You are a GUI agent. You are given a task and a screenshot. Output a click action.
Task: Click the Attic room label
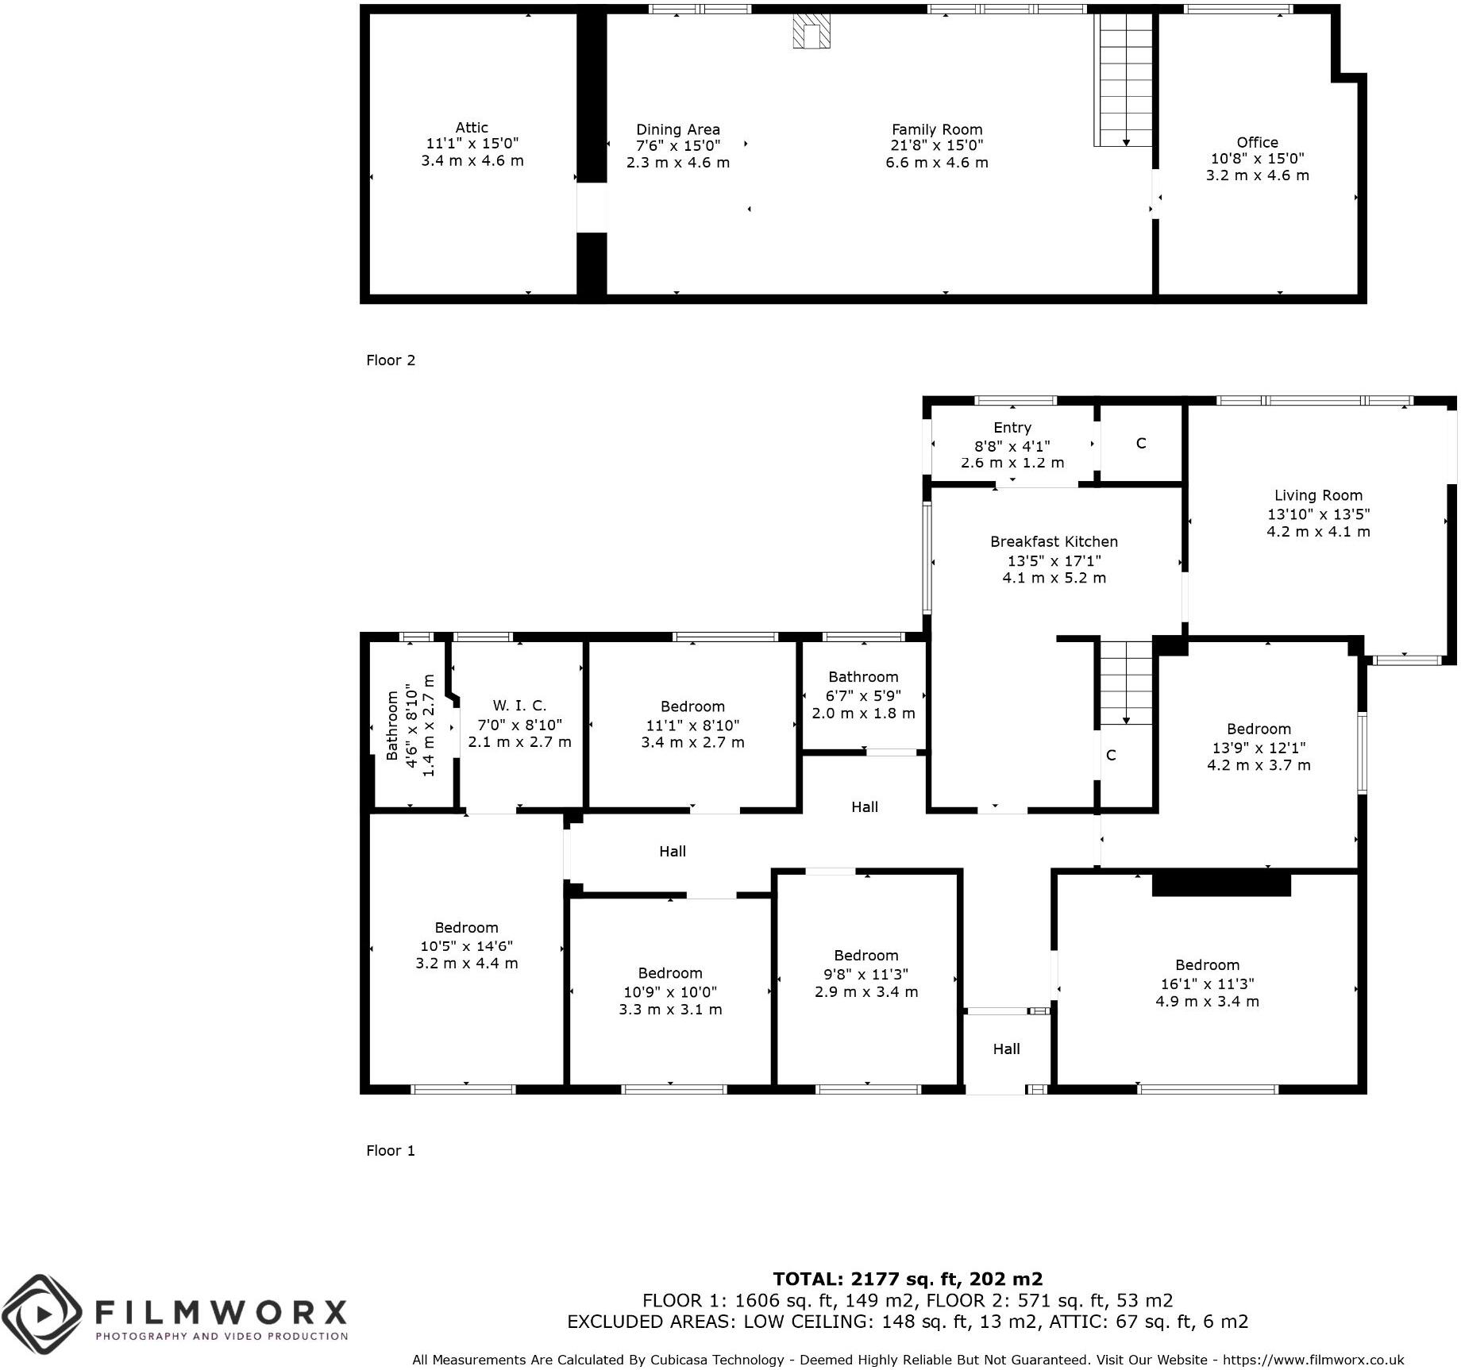click(x=472, y=128)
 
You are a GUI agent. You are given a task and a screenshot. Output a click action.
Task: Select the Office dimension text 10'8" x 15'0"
click(x=1257, y=159)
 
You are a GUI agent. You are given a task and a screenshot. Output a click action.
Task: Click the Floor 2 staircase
click(x=1124, y=79)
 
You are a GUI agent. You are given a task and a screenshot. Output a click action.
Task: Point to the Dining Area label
click(x=677, y=129)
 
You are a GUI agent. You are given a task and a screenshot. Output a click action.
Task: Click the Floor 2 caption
click(x=391, y=360)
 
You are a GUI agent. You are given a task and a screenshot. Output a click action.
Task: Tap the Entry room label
click(x=1012, y=428)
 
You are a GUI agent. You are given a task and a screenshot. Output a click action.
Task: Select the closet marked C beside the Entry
click(x=1141, y=444)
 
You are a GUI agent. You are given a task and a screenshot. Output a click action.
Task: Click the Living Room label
click(x=1318, y=495)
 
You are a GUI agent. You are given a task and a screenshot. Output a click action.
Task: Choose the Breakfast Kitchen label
click(x=1054, y=542)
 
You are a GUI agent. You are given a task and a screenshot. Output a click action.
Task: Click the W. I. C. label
click(x=519, y=706)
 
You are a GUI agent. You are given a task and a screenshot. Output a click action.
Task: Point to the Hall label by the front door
click(x=1006, y=1049)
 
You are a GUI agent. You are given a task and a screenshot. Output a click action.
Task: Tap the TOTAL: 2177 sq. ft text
click(x=908, y=1279)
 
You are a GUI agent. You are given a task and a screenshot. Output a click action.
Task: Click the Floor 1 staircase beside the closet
click(x=1125, y=683)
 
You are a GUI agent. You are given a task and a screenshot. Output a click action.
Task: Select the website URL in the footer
click(x=1313, y=1360)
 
